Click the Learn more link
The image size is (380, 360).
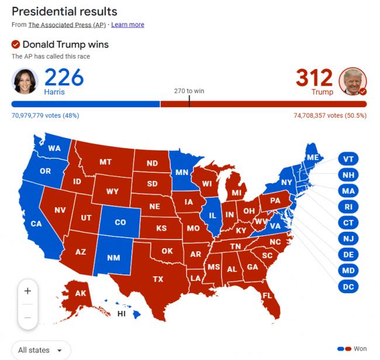127,25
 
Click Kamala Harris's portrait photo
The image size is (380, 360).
25,81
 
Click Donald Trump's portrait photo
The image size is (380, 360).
353,81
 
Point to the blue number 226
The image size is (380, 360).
64,77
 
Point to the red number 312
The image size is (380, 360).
314,77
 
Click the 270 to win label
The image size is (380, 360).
189,91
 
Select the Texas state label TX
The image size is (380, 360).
158,279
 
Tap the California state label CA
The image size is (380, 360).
36,224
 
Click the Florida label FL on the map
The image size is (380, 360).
267,296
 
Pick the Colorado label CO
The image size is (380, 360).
120,222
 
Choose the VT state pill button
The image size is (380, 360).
348,159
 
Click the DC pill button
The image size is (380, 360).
348,286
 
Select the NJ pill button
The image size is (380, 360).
348,238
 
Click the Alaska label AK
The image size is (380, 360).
81,294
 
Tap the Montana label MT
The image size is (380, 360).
105,162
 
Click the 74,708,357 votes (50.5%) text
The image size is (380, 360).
330,115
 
